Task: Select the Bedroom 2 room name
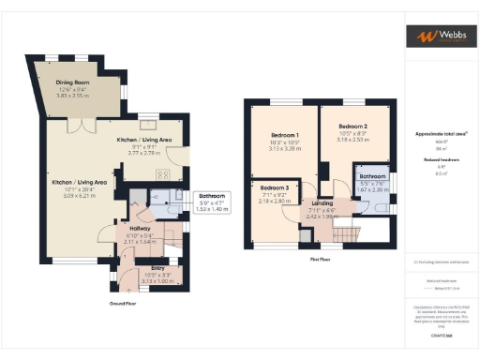[352, 126]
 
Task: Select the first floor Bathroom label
[372, 176]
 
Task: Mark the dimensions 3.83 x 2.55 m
[73, 96]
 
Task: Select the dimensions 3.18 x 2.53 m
[352, 140]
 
